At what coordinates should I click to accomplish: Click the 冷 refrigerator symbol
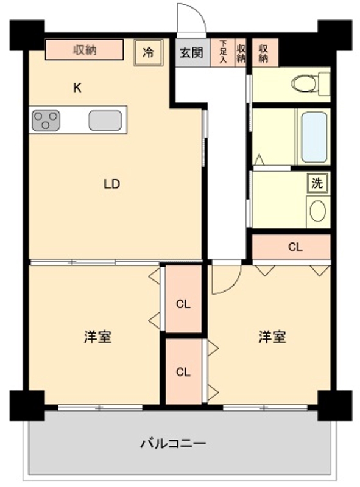(148, 52)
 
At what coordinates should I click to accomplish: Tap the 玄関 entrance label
(190, 53)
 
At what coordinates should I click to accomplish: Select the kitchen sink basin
(107, 120)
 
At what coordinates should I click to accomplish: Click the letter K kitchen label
(77, 88)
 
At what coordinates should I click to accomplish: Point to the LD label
(111, 184)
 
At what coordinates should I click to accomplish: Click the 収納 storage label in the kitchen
(85, 50)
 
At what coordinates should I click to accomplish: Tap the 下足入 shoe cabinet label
(224, 52)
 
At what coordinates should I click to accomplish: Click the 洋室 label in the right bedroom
(272, 337)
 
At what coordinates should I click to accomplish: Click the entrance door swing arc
(190, 18)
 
